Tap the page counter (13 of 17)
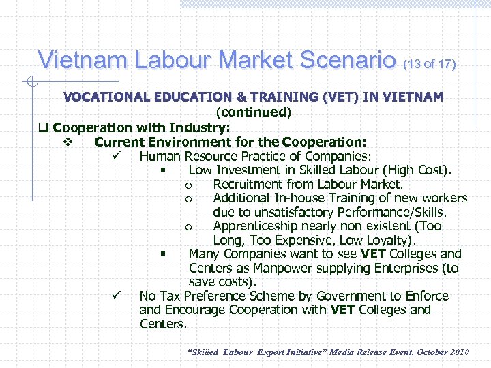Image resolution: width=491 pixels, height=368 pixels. pyautogui.click(x=430, y=65)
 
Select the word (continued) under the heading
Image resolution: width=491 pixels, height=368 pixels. pyautogui.click(x=253, y=112)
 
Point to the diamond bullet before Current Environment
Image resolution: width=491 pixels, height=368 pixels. pyautogui.click(x=68, y=142)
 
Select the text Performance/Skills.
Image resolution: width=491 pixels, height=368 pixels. pyautogui.click(x=394, y=212)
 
